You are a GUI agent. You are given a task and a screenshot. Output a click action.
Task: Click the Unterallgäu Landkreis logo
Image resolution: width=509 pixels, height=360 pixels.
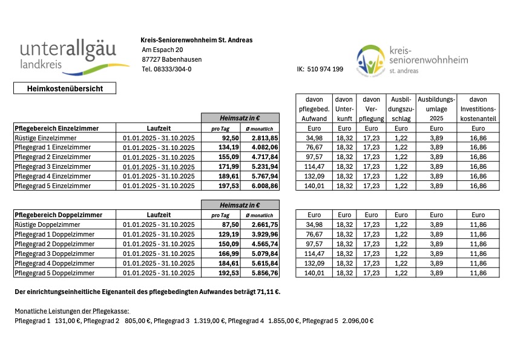[74, 56]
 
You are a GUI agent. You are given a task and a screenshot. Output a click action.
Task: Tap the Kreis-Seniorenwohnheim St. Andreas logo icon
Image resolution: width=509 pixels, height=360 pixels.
[370, 59]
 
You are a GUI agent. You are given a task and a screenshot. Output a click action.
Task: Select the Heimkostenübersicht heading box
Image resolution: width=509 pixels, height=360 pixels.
[65, 88]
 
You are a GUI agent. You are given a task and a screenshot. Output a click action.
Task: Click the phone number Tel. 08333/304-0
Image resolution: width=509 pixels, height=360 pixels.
[166, 69]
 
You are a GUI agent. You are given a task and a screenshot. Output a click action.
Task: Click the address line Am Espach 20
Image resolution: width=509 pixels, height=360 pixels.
[162, 50]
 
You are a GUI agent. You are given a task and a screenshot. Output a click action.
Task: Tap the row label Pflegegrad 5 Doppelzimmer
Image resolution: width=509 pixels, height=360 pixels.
[54, 272]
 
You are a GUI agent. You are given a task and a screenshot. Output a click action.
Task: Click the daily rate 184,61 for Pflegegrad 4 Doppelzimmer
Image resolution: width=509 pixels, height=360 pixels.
[221, 263]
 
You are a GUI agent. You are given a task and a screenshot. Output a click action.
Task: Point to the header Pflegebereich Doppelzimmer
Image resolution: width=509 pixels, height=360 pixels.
[58, 215]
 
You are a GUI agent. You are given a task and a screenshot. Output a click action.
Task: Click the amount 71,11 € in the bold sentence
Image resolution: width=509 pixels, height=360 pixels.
[267, 292]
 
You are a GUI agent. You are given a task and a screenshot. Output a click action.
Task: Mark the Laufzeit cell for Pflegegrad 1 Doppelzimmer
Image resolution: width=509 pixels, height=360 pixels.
[159, 234]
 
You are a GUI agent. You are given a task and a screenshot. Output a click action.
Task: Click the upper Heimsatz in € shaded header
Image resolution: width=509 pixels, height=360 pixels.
[240, 118]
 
